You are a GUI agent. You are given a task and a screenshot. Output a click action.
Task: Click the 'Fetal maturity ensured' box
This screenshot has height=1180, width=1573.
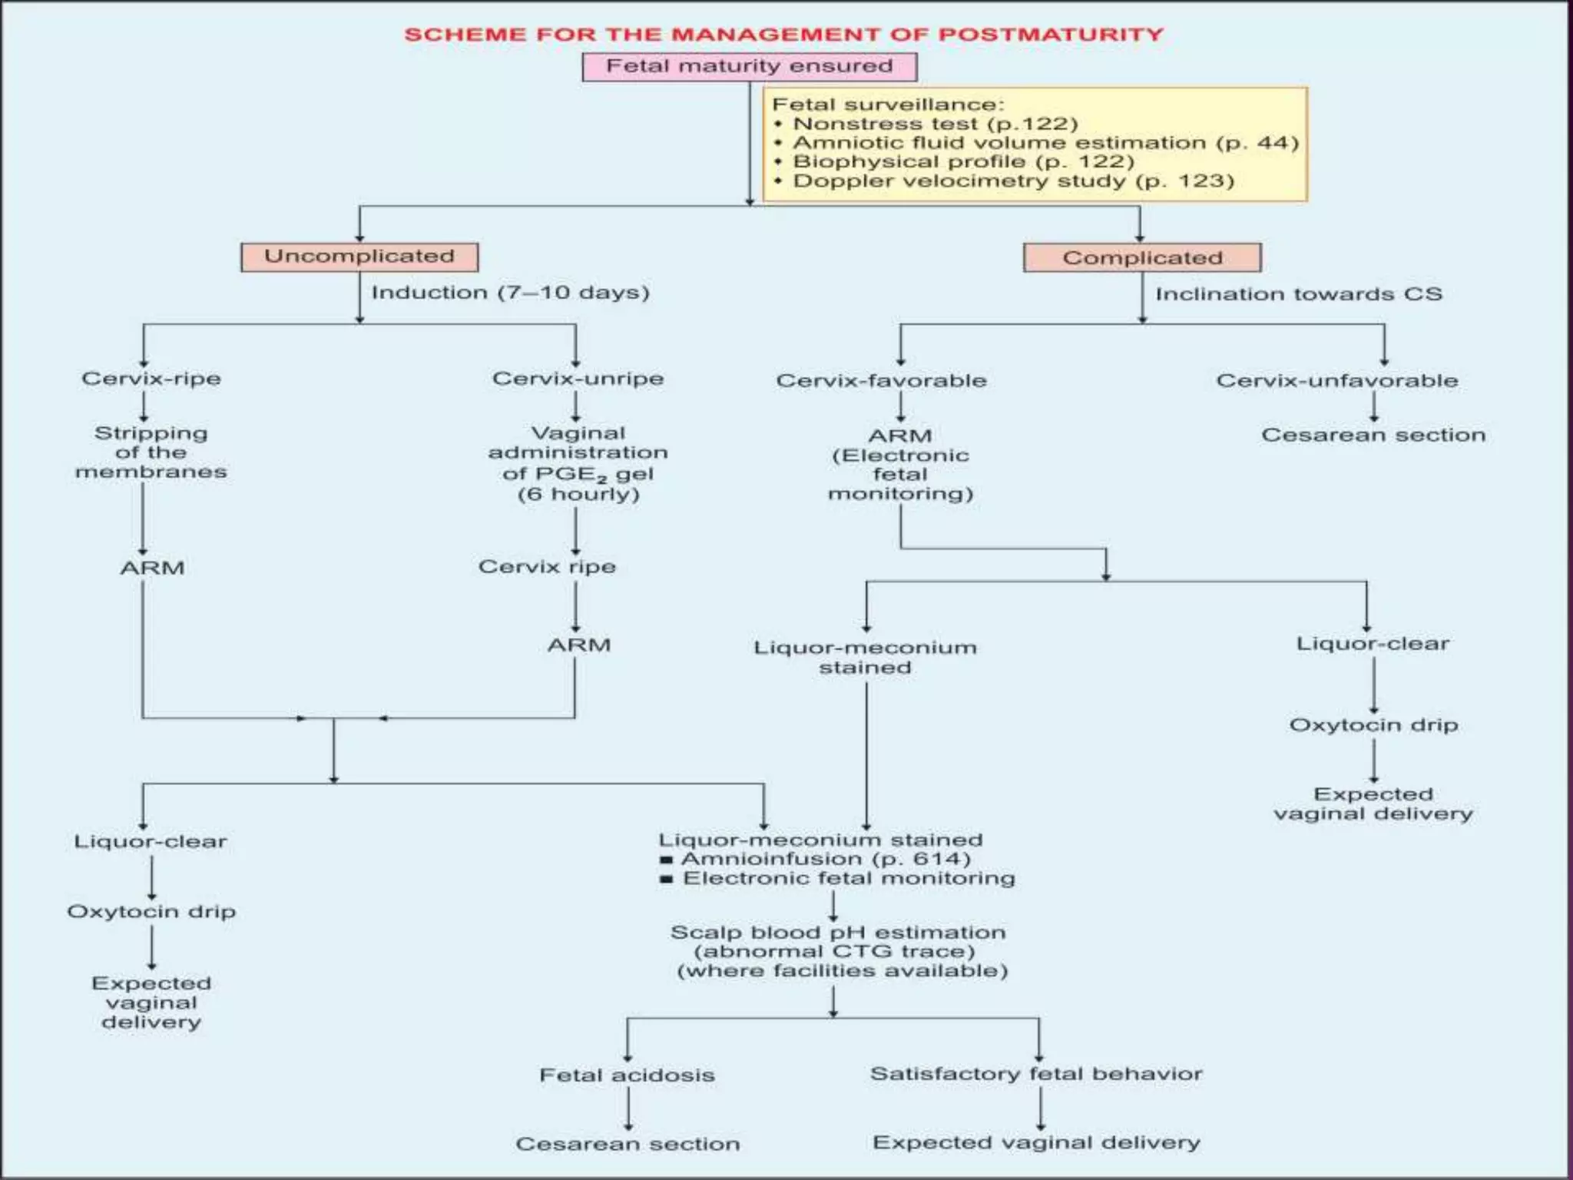tap(749, 67)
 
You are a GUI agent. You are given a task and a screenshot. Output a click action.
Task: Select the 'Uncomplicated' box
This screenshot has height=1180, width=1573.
tap(359, 257)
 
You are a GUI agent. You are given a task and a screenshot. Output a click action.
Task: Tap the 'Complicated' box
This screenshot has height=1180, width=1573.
tap(1142, 258)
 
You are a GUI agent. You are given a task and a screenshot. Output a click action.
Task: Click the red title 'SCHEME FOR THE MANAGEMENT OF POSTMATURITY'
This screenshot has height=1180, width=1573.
tap(783, 35)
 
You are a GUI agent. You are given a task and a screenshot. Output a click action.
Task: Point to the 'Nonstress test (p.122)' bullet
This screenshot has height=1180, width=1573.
tap(935, 124)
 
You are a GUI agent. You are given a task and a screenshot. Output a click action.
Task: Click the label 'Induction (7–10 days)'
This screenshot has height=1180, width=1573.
tap(511, 293)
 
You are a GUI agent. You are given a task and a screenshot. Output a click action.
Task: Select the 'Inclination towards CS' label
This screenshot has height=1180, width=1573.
tap(1299, 294)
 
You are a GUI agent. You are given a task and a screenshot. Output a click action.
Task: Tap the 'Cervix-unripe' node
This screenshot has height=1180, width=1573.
tap(578, 379)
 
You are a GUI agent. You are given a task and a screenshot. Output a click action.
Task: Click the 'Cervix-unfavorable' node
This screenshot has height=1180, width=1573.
tap(1336, 380)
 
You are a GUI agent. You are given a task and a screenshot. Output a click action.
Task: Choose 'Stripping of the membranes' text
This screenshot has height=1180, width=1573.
tap(151, 452)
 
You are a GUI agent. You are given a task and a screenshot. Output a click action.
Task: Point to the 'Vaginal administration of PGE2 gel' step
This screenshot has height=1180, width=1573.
tap(578, 463)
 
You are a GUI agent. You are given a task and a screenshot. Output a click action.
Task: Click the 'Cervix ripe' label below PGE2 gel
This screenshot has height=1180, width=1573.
tap(547, 567)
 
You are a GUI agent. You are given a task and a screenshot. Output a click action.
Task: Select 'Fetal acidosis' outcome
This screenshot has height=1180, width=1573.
tap(627, 1075)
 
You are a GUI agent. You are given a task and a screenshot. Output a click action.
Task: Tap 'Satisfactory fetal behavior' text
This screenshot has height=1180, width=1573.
tap(1036, 1073)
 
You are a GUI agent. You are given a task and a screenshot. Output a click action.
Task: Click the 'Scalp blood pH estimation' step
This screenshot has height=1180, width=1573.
tap(839, 951)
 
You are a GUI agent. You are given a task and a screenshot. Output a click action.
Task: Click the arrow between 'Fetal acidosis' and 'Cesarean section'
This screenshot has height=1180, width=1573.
tap(628, 1109)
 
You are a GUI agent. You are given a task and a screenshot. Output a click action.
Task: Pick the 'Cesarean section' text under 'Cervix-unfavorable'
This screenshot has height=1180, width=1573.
tap(1373, 435)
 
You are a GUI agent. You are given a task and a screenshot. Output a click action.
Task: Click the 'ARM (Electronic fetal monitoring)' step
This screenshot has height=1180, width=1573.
tap(900, 465)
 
